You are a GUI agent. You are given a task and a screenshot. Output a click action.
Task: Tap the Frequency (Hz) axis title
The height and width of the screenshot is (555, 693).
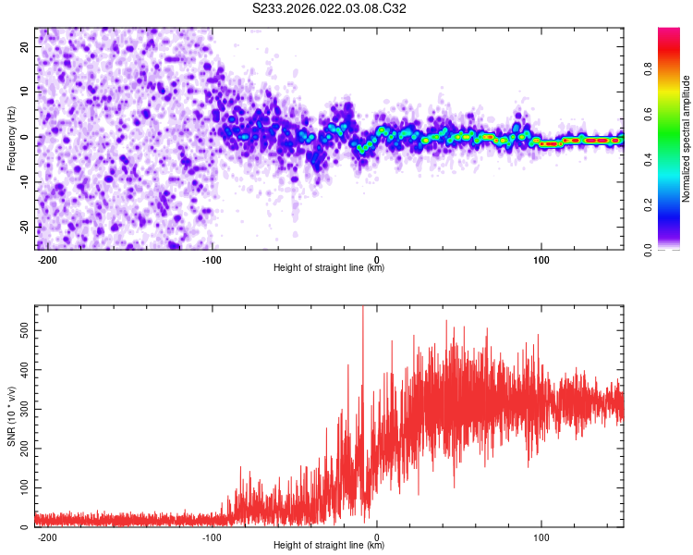pyautogui.click(x=11, y=138)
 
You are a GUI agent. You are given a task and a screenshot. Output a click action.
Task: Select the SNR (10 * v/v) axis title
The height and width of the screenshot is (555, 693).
pyautogui.click(x=11, y=415)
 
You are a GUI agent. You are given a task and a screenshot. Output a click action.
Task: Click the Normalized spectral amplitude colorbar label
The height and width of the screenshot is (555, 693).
pyautogui.click(x=687, y=138)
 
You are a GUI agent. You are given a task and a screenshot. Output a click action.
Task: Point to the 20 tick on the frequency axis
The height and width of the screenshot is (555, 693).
pyautogui.click(x=27, y=45)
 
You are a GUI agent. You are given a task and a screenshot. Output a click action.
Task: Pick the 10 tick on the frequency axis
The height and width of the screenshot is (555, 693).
pyautogui.click(x=27, y=91)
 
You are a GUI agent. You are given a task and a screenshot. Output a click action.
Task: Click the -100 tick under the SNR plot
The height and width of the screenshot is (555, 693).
pyautogui.click(x=213, y=536)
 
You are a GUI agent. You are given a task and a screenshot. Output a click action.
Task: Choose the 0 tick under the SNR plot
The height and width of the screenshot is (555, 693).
pyautogui.click(x=377, y=536)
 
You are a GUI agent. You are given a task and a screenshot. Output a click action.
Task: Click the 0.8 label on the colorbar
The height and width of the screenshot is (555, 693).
pyautogui.click(x=673, y=68)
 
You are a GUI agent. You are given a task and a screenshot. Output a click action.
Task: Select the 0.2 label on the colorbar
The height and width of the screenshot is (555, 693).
pyautogui.click(x=673, y=204)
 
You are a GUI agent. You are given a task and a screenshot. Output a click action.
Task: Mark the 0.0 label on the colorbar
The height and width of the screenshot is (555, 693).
pyautogui.click(x=673, y=249)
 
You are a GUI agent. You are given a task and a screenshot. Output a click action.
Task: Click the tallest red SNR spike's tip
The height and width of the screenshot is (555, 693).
pyautogui.click(x=362, y=306)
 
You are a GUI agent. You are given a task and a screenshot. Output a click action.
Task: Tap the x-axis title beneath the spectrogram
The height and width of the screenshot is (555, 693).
pyautogui.click(x=329, y=268)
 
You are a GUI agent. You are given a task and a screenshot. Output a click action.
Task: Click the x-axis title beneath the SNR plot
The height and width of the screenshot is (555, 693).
pyautogui.click(x=329, y=545)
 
